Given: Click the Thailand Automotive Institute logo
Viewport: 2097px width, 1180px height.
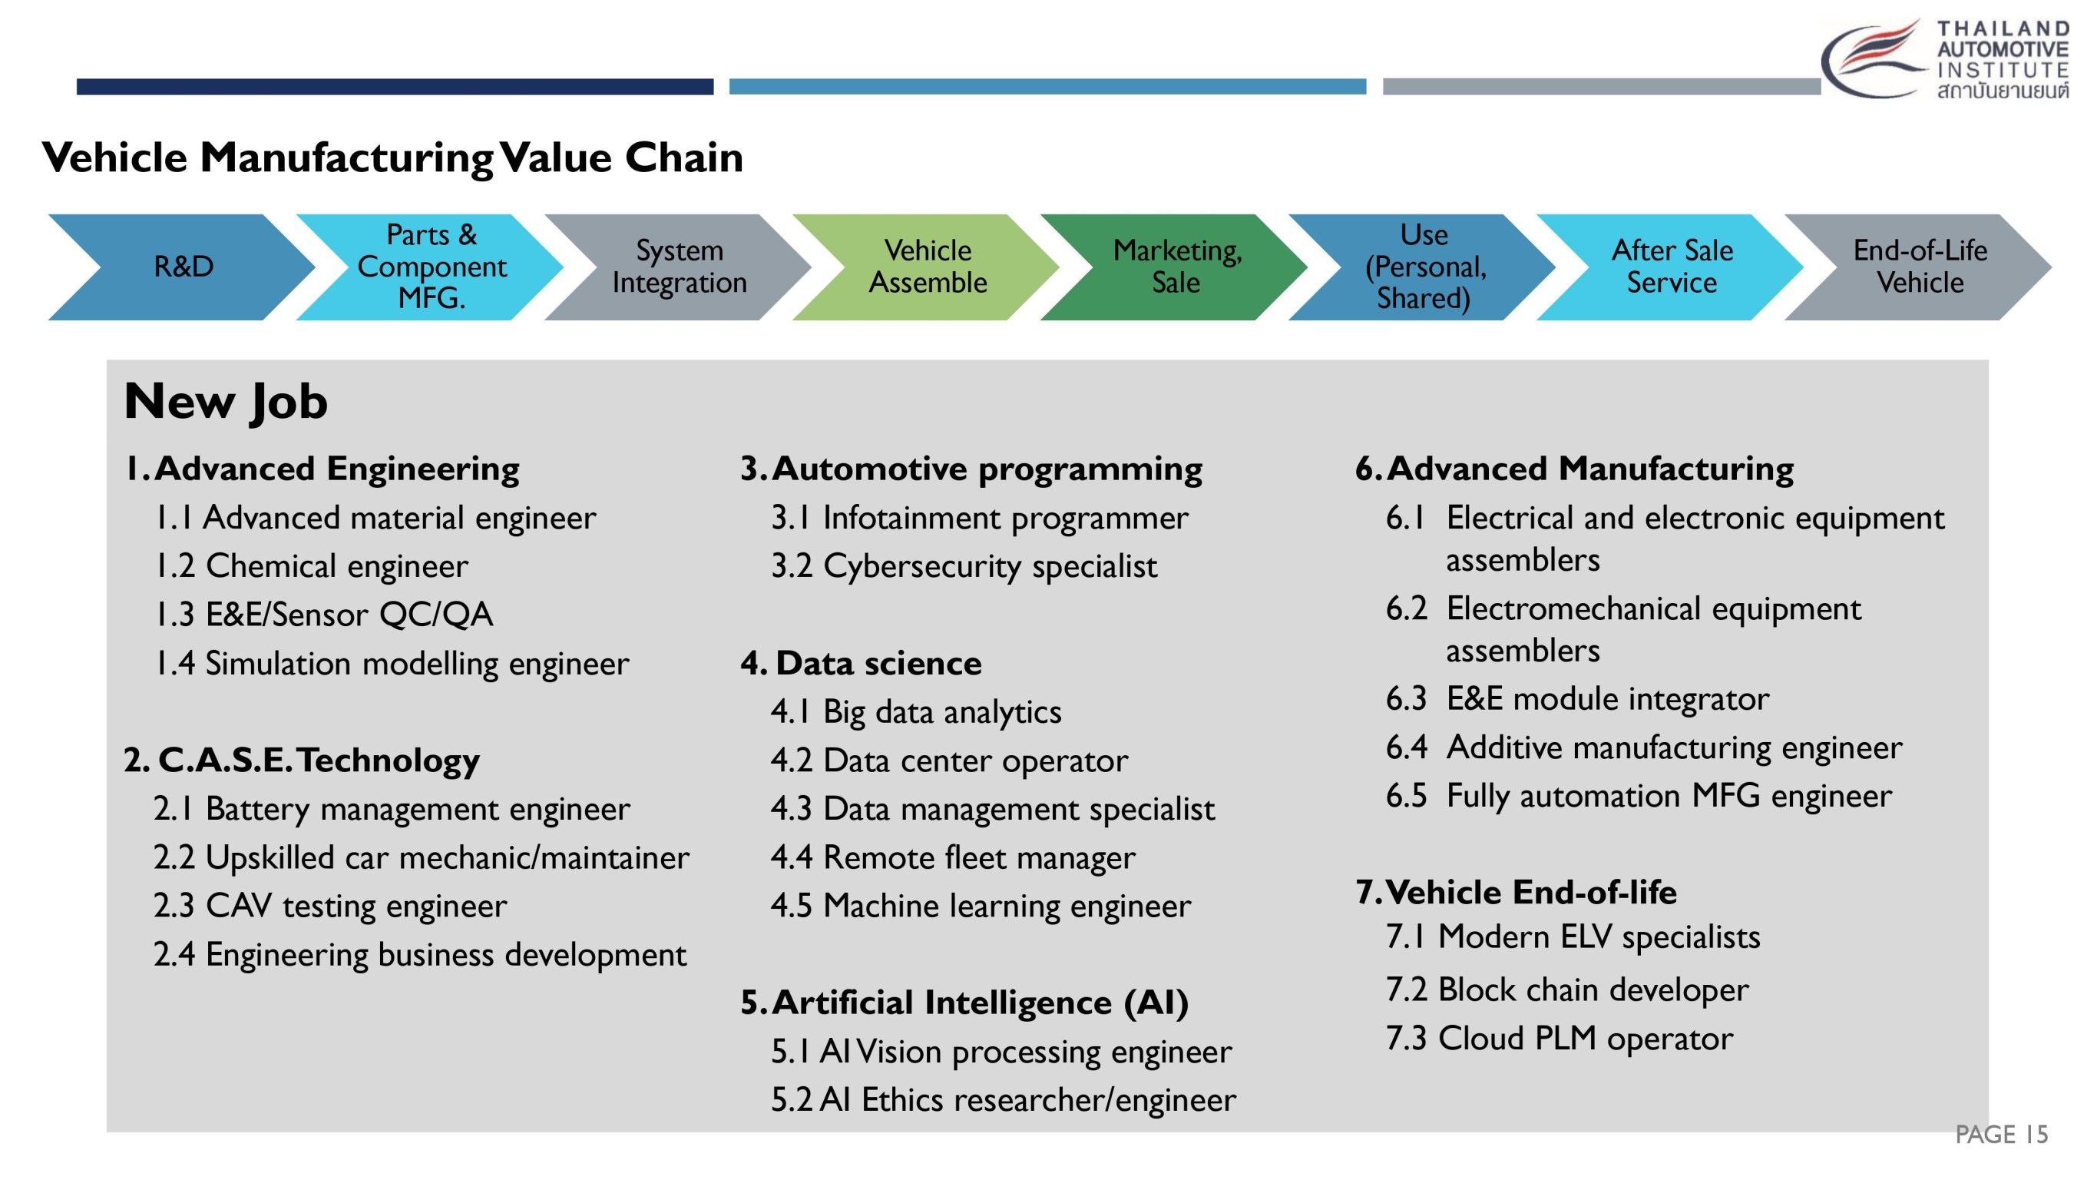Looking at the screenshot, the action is pyautogui.click(x=1945, y=59).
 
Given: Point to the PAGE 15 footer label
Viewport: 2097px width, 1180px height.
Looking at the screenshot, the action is pyautogui.click(x=2001, y=1135).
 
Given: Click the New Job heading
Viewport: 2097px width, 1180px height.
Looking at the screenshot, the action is pyautogui.click(x=226, y=403).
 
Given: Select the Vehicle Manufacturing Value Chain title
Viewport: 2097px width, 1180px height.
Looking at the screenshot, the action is pyautogui.click(x=392, y=157).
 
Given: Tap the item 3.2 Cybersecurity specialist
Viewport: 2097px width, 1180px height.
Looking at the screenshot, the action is pyautogui.click(x=964, y=567).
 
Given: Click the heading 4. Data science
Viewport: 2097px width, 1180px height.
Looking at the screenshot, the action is pyautogui.click(x=861, y=664).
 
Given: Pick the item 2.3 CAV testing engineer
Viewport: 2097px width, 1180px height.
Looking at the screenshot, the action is pyautogui.click(x=329, y=907).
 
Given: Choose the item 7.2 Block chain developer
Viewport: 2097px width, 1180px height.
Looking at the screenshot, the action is pyautogui.click(x=1567, y=990).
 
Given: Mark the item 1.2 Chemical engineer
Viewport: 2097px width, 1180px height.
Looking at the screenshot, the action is pyautogui.click(x=312, y=567).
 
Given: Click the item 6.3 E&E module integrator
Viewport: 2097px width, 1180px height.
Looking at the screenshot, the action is pyautogui.click(x=1578, y=700).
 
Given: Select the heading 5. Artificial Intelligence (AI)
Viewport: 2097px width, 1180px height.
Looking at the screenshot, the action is pyautogui.click(x=964, y=1003).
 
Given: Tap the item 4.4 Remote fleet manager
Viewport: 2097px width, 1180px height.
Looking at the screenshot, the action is pyautogui.click(x=952, y=858).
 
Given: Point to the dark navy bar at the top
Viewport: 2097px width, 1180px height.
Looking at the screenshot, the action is pyautogui.click(x=395, y=86).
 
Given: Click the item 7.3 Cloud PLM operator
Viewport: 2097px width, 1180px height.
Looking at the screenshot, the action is pyautogui.click(x=1559, y=1039).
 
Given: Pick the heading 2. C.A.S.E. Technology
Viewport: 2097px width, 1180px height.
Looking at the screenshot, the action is pyautogui.click(x=301, y=761).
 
